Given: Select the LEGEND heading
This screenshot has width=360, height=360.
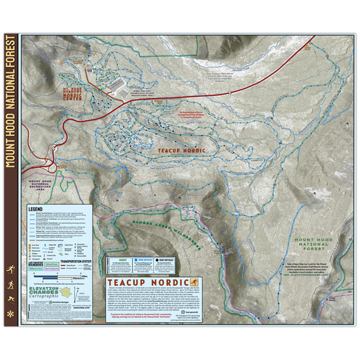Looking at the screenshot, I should (x=36, y=210).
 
